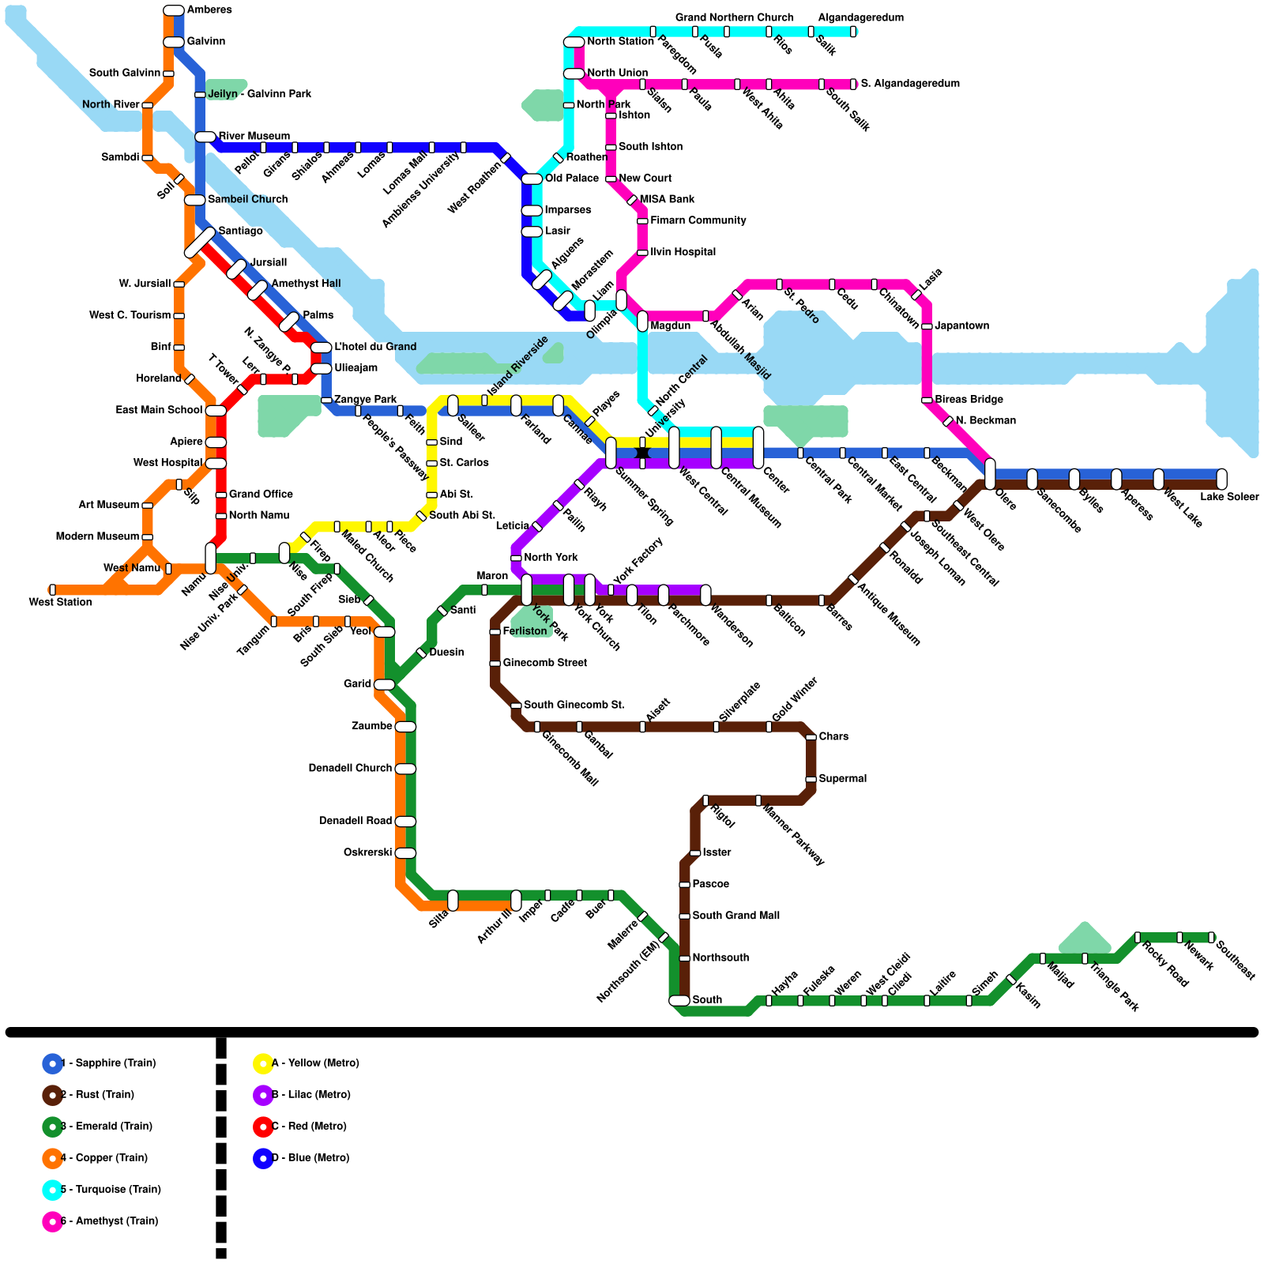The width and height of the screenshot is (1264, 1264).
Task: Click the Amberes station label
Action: (x=209, y=10)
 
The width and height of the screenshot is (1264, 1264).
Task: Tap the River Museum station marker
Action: (x=205, y=137)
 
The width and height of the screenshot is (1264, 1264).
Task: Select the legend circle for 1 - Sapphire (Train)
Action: (x=52, y=1063)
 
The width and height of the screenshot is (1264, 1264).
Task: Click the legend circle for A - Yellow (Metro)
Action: (x=263, y=1063)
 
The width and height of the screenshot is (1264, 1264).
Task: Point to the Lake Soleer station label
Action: (x=1229, y=497)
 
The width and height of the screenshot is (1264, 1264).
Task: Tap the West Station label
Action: (x=61, y=602)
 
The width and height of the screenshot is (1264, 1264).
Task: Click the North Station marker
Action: (x=574, y=42)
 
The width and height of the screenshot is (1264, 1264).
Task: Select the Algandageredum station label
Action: (x=860, y=17)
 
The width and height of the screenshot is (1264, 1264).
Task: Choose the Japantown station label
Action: (x=961, y=325)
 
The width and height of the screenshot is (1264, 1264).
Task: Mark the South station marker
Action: (x=679, y=1000)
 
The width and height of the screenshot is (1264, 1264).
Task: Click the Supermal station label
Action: (x=842, y=778)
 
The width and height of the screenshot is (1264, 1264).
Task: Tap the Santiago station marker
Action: (x=200, y=243)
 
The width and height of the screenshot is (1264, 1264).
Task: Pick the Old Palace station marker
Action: (x=532, y=179)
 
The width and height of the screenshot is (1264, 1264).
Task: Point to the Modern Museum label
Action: (x=97, y=536)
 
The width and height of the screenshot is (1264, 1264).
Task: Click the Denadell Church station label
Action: (x=350, y=768)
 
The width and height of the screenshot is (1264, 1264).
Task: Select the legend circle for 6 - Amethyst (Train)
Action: (x=52, y=1221)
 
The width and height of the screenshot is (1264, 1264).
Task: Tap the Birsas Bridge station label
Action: (x=969, y=400)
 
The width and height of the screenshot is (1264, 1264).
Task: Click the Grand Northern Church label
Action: (x=734, y=17)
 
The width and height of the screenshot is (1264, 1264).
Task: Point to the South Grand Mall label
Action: (x=735, y=916)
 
